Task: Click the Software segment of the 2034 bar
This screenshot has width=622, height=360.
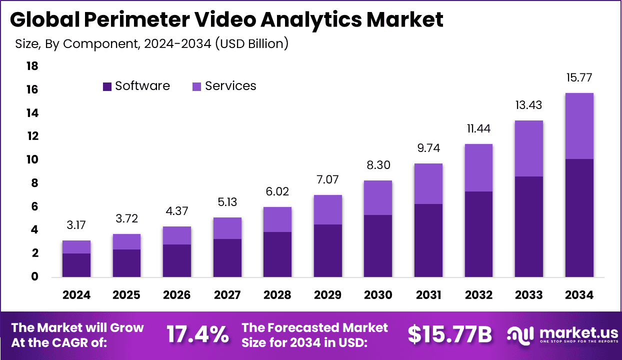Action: tap(579, 217)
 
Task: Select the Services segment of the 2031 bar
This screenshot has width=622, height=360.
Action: tap(428, 183)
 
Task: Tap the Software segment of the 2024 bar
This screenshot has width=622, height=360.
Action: tap(76, 265)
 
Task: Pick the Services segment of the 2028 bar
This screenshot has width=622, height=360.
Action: tap(277, 219)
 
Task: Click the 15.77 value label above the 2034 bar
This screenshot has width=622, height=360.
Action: tap(579, 78)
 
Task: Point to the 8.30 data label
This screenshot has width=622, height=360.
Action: tap(378, 165)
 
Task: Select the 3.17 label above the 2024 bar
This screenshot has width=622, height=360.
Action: tap(76, 225)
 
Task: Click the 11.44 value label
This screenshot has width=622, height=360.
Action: tap(478, 129)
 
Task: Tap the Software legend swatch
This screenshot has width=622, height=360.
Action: tap(107, 86)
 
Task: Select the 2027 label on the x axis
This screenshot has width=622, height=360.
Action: tap(227, 295)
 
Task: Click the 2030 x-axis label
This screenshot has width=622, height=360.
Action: tap(378, 295)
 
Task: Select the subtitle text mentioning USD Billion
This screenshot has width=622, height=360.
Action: tap(152, 44)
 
